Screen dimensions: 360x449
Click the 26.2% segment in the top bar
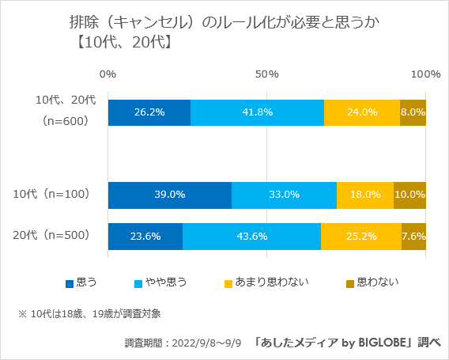tap(149, 112)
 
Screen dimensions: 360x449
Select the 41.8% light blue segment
tap(257, 112)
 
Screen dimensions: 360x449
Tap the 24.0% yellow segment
tap(361, 112)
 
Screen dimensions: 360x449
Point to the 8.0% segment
tap(413, 112)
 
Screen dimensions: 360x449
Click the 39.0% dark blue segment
tap(170, 195)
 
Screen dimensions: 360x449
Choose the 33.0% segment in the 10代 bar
tap(284, 195)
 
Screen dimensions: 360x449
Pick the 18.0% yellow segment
tap(364, 195)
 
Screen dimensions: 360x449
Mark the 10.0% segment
tap(409, 195)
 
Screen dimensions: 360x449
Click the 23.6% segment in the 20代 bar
tap(145, 236)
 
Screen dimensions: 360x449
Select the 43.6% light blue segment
tap(251, 236)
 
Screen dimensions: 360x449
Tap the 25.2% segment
tap(360, 236)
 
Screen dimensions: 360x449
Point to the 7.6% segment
tap(413, 236)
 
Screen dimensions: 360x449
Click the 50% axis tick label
tap(267, 74)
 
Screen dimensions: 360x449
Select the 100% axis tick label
tap(426, 74)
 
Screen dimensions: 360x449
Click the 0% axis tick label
tap(108, 74)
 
